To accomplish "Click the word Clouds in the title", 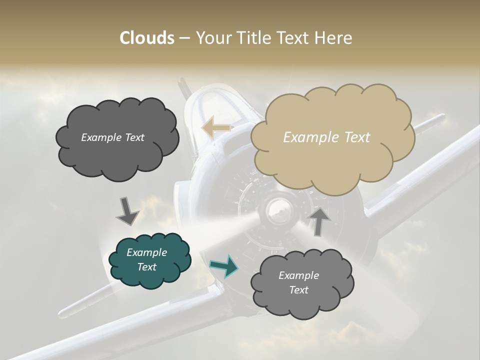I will click(x=147, y=38).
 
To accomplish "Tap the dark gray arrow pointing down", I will click(x=127, y=211).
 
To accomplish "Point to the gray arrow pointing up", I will click(x=319, y=220).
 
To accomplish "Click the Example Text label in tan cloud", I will click(x=326, y=137).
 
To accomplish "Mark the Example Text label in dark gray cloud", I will click(x=112, y=137).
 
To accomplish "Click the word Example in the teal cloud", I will click(x=146, y=252).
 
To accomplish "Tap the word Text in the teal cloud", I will click(x=146, y=267).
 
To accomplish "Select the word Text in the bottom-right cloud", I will click(x=298, y=290).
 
